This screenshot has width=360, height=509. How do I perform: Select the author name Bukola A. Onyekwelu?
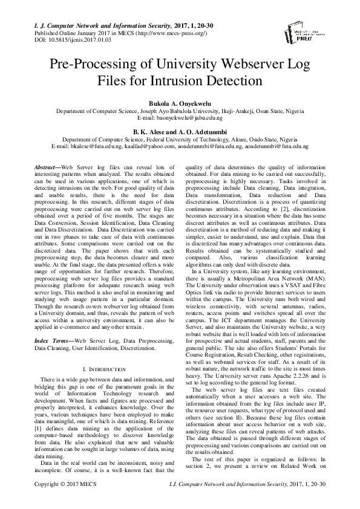(180, 103)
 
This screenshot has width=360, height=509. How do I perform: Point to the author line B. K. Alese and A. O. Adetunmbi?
(180, 131)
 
